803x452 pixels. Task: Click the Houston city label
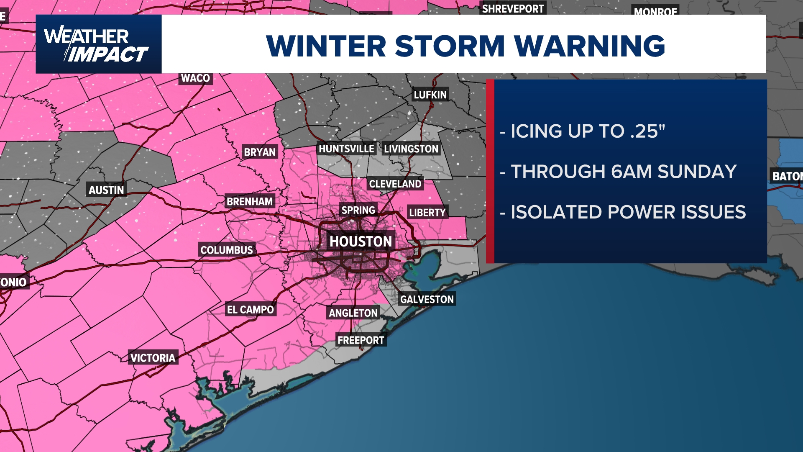[361, 241]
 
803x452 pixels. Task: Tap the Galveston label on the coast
[427, 299]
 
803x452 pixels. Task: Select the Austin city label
[106, 190]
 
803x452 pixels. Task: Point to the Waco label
[195, 78]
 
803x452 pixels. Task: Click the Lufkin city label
[430, 95]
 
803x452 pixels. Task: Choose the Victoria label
[153, 358]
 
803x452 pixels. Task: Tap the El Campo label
[250, 310]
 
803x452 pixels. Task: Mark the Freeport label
[361, 340]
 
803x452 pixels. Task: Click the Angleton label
[353, 313]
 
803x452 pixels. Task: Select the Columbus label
[226, 250]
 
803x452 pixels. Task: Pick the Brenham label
[250, 202]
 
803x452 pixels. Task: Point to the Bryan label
[260, 152]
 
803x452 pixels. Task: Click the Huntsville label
[346, 149]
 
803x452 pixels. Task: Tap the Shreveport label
[513, 9]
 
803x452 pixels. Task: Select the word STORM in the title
[450, 46]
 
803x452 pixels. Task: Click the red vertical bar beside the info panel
[490, 171]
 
